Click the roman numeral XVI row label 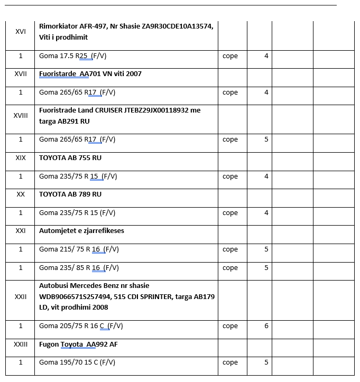pos(21,32)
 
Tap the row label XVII pos(21,74)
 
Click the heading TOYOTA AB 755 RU pos(70,157)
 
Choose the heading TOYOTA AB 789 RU pos(70,194)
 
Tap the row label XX pos(21,194)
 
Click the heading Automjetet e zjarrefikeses pos(81,231)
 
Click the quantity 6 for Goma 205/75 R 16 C pos(266,326)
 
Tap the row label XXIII pos(21,344)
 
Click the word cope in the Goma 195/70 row pos(230,362)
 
